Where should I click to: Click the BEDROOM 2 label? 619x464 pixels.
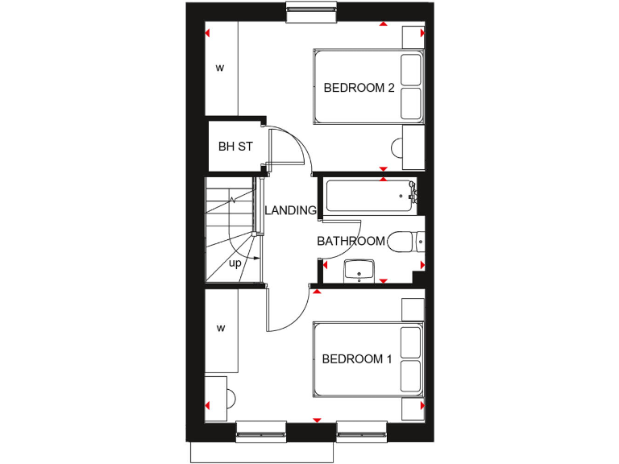pos(359,88)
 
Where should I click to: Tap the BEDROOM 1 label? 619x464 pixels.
pos(357,358)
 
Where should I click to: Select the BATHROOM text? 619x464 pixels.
pos(351,241)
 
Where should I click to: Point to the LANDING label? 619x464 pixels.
pos(290,211)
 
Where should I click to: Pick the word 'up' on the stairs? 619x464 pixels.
pos(235,263)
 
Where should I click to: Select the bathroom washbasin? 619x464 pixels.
pos(359,271)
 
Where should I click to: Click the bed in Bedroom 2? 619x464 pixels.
pos(368,88)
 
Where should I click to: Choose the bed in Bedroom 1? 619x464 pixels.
pos(368,359)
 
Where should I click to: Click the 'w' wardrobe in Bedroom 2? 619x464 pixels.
pos(220,68)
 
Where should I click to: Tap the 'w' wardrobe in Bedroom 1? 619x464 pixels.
pos(220,329)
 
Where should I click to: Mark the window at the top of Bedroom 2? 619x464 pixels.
pos(310,9)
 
